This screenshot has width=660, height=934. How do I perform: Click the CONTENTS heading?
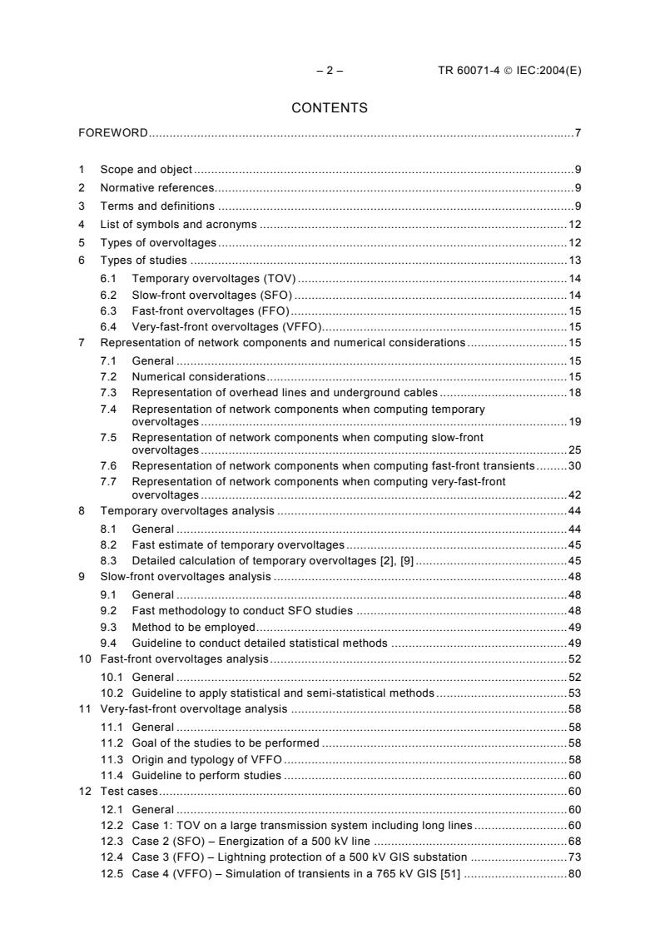[x=330, y=107]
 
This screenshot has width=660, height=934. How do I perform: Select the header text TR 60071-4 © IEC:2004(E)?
[x=509, y=71]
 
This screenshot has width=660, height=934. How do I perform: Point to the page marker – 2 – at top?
[x=330, y=71]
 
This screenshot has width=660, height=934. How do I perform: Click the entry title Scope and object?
[x=146, y=168]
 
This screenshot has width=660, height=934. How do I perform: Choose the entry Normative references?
[x=156, y=187]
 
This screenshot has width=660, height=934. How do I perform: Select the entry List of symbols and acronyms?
[x=178, y=225]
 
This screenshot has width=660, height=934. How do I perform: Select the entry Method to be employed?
[x=193, y=627]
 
